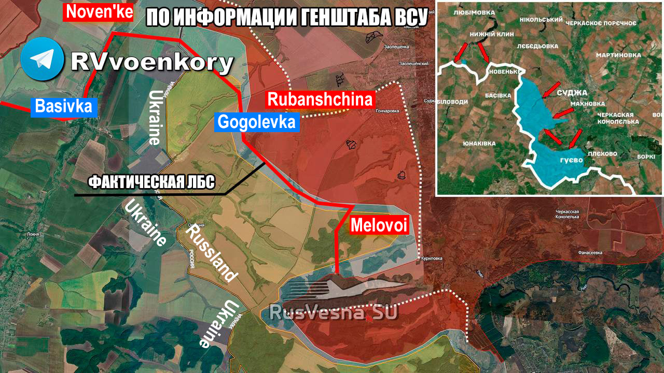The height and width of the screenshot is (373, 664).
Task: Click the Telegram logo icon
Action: (x=43, y=59)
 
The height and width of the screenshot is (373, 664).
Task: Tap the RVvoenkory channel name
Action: (x=151, y=63)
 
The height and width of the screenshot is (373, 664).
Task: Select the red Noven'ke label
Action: (x=99, y=12)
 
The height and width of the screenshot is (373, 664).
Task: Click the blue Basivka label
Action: (x=64, y=107)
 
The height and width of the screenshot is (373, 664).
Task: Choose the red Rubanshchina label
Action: (x=320, y=99)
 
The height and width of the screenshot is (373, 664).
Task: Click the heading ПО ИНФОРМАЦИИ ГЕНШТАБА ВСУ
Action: (x=287, y=19)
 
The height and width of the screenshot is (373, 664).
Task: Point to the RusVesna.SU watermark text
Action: (x=333, y=312)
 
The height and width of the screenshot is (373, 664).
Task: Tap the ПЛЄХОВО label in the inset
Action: (x=602, y=154)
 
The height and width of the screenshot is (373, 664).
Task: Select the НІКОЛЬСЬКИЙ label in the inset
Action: (x=541, y=20)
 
